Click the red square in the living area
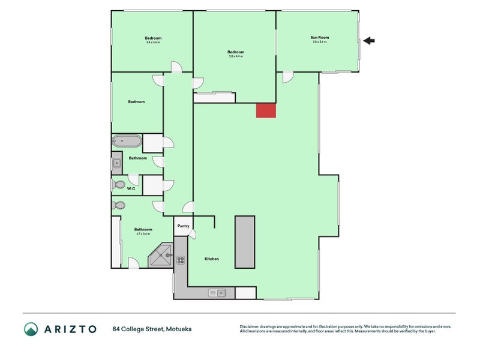[266, 110]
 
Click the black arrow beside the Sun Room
[369, 41]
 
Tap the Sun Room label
[320, 38]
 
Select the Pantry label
[183, 226]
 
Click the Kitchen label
[212, 259]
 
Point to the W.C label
[130, 188]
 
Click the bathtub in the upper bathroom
[127, 142]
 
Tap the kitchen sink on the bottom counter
[217, 293]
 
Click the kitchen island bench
[245, 242]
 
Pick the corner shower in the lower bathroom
[161, 257]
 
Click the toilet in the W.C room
[118, 185]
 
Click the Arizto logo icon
[31, 329]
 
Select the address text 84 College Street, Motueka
[151, 329]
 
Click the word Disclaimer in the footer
[249, 326]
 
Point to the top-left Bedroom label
[153, 38]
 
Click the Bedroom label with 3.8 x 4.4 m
[236, 52]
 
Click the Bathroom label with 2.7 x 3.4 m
[143, 229]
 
